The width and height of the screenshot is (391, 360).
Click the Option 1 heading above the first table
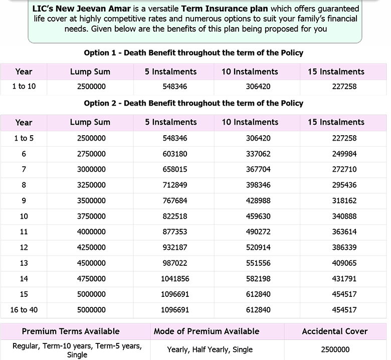tap(193, 53)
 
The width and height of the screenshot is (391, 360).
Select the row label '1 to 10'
tap(24, 87)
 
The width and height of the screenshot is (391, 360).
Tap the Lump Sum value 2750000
tap(91, 154)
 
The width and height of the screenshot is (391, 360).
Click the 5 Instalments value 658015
tap(175, 169)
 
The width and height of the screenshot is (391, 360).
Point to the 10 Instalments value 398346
tap(258, 185)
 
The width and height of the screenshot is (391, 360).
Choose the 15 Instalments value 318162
tap(344, 200)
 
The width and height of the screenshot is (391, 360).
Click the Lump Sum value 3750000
tap(91, 216)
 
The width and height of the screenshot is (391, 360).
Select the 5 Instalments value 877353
tap(175, 232)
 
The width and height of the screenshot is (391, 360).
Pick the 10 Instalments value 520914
tap(258, 247)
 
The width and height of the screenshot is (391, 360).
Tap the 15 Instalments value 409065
tap(344, 263)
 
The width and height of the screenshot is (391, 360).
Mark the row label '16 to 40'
tap(24, 310)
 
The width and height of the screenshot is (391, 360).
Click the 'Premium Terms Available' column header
tap(71, 331)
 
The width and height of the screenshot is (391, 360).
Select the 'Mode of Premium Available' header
tap(207, 331)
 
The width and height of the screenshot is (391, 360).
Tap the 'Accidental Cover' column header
tap(335, 331)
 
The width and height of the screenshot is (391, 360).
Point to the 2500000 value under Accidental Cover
tap(335, 349)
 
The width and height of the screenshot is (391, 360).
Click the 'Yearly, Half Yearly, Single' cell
tap(210, 349)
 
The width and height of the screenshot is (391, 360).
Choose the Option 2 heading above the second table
tap(193, 103)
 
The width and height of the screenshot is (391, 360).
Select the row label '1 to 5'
tap(24, 138)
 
